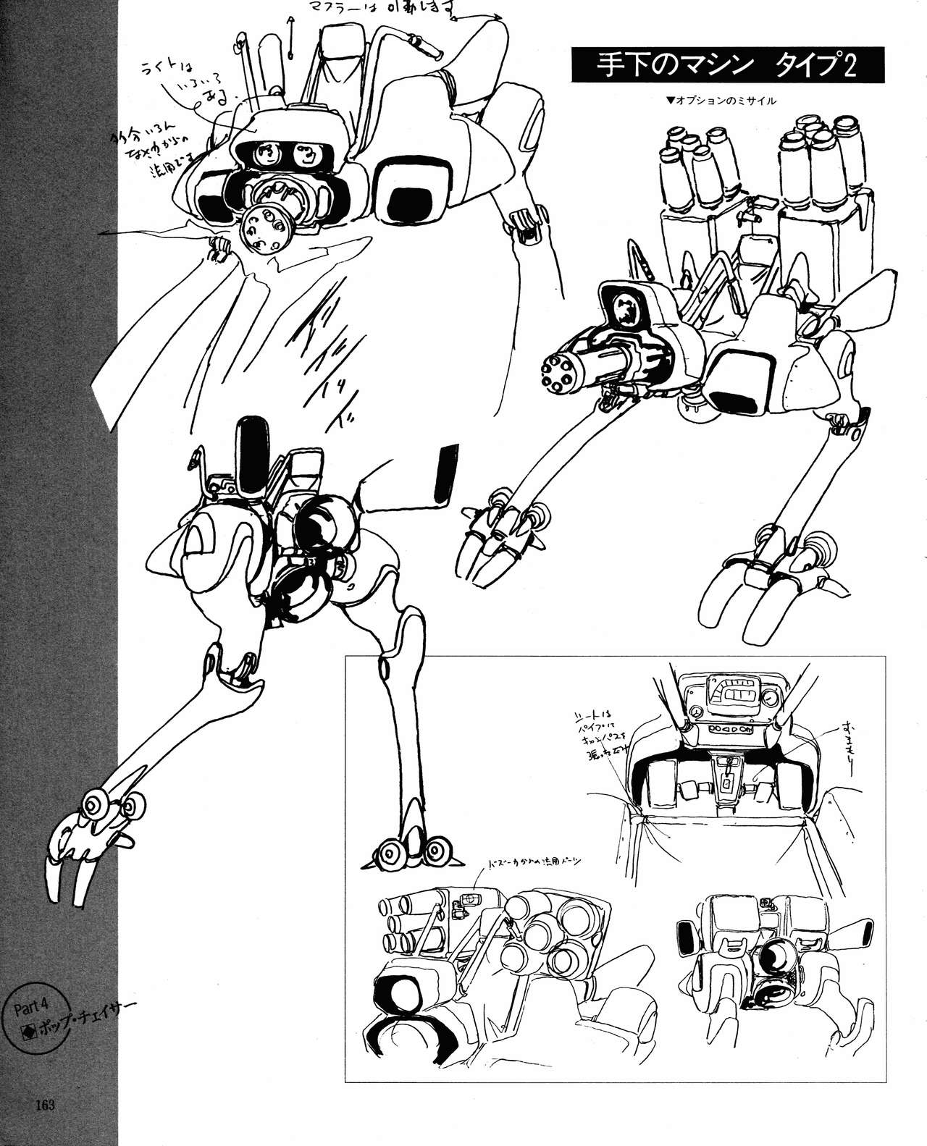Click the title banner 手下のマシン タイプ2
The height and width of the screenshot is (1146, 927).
pyautogui.click(x=728, y=67)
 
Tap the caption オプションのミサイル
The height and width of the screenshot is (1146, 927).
pyautogui.click(x=721, y=101)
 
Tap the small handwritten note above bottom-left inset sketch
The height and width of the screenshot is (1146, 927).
pyautogui.click(x=536, y=861)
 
